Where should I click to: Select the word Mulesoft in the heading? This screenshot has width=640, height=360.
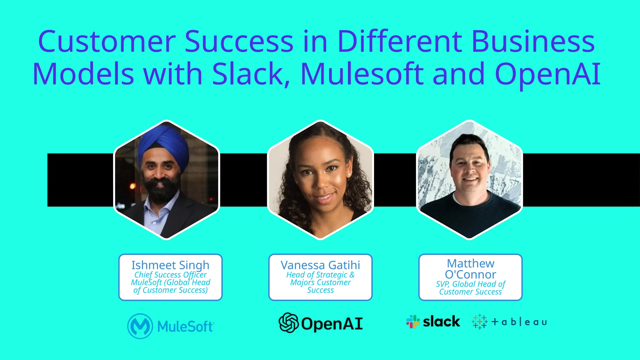coord(362,74)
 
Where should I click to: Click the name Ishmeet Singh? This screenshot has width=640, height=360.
coord(170,265)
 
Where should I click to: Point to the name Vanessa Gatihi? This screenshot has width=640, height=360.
coord(320,265)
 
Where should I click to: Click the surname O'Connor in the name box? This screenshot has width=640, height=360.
coord(470,274)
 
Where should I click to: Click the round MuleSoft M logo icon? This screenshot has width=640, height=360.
coord(140,326)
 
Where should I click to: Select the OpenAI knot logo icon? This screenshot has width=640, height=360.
coord(288,323)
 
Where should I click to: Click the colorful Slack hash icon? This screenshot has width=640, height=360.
coord(413,322)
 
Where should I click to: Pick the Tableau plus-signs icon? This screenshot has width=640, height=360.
coord(479,322)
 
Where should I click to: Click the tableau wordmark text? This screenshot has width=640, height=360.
coord(519,322)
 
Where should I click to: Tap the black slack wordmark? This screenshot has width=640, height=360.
coord(441,321)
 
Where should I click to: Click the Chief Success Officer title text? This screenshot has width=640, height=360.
coord(170,275)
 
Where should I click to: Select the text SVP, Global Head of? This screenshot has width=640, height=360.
coord(470,284)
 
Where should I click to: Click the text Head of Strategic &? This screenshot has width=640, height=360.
coord(320,275)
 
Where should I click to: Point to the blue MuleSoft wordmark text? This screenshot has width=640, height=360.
coord(185,327)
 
